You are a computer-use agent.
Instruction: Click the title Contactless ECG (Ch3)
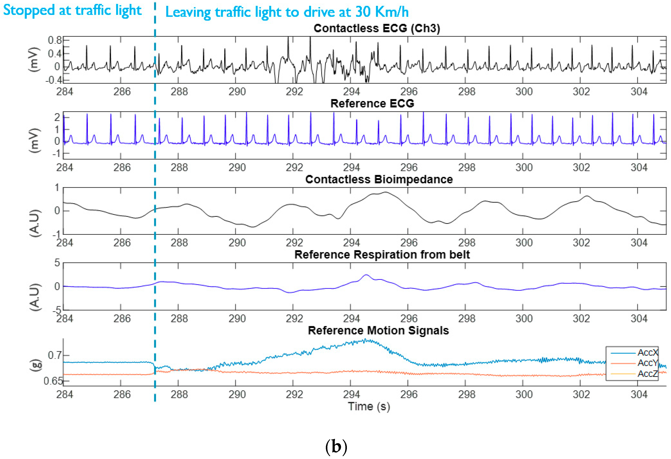pyautogui.click(x=377, y=28)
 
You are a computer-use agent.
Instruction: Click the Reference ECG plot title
pyautogui.click(x=372, y=103)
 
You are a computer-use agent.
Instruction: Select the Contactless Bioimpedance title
pyautogui.click(x=379, y=179)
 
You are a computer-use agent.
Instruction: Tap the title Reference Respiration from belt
pyautogui.click(x=382, y=255)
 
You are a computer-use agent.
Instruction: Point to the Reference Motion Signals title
pyautogui.click(x=378, y=330)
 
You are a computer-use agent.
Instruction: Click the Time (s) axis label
pyautogui.click(x=369, y=407)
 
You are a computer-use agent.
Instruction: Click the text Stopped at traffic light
pyautogui.click(x=72, y=10)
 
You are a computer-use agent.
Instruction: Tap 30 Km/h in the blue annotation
pyautogui.click(x=382, y=12)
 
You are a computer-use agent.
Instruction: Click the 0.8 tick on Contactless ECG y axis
pyautogui.click(x=55, y=40)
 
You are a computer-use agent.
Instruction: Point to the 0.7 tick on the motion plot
pyautogui.click(x=55, y=355)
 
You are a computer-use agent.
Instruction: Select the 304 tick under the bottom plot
pyautogui.click(x=639, y=394)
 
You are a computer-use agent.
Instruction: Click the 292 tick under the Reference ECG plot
pyautogui.click(x=294, y=168)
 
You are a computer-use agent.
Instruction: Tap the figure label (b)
pyautogui.click(x=336, y=447)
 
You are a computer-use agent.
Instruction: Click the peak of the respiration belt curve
pyautogui.click(x=366, y=275)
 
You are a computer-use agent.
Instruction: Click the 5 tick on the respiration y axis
pyautogui.click(x=57, y=263)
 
